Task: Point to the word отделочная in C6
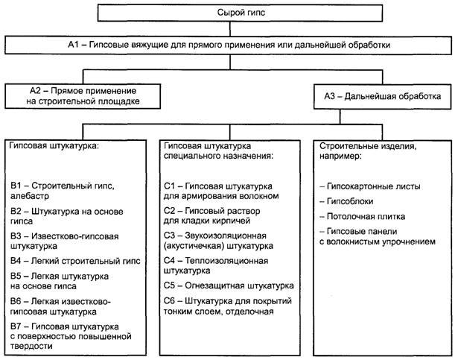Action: point(251,312)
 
